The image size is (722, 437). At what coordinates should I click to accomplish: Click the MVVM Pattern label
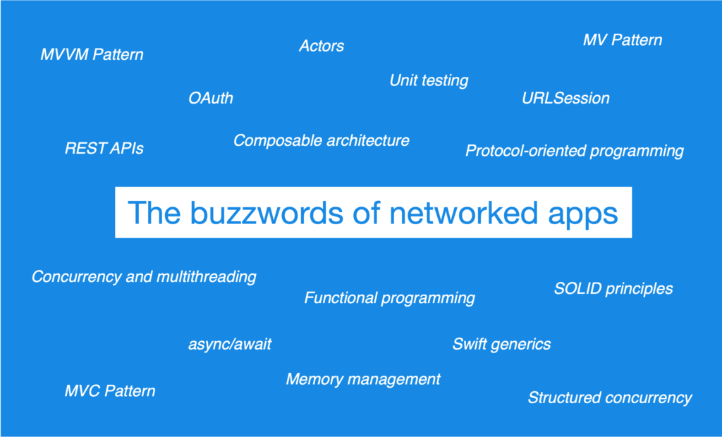pos(92,54)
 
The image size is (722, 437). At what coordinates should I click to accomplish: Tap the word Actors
pos(322,46)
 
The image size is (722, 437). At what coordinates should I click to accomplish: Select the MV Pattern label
pos(623,40)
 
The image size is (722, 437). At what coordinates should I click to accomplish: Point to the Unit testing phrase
pos(429,80)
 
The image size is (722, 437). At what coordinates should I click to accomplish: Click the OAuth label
pos(211,98)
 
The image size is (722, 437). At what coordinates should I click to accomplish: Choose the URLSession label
pos(565,98)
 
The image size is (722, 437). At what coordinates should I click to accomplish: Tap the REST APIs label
pos(104,148)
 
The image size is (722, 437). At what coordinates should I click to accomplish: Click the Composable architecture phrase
pos(322,140)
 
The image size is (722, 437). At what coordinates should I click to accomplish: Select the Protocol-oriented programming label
pos(574,151)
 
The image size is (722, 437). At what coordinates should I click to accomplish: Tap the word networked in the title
pos(463,213)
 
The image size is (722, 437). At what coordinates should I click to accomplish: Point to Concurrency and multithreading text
pos(144,277)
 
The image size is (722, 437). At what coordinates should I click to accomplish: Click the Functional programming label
pos(389,298)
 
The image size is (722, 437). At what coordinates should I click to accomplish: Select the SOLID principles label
pos(613,289)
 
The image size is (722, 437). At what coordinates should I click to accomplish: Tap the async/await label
pos(230,345)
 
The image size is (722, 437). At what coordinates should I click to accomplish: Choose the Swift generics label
pos(501,345)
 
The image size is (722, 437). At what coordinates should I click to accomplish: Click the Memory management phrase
pos(363,379)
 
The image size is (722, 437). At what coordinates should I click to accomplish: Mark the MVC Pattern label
pos(110,391)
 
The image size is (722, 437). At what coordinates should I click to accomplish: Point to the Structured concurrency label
pos(610,398)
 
